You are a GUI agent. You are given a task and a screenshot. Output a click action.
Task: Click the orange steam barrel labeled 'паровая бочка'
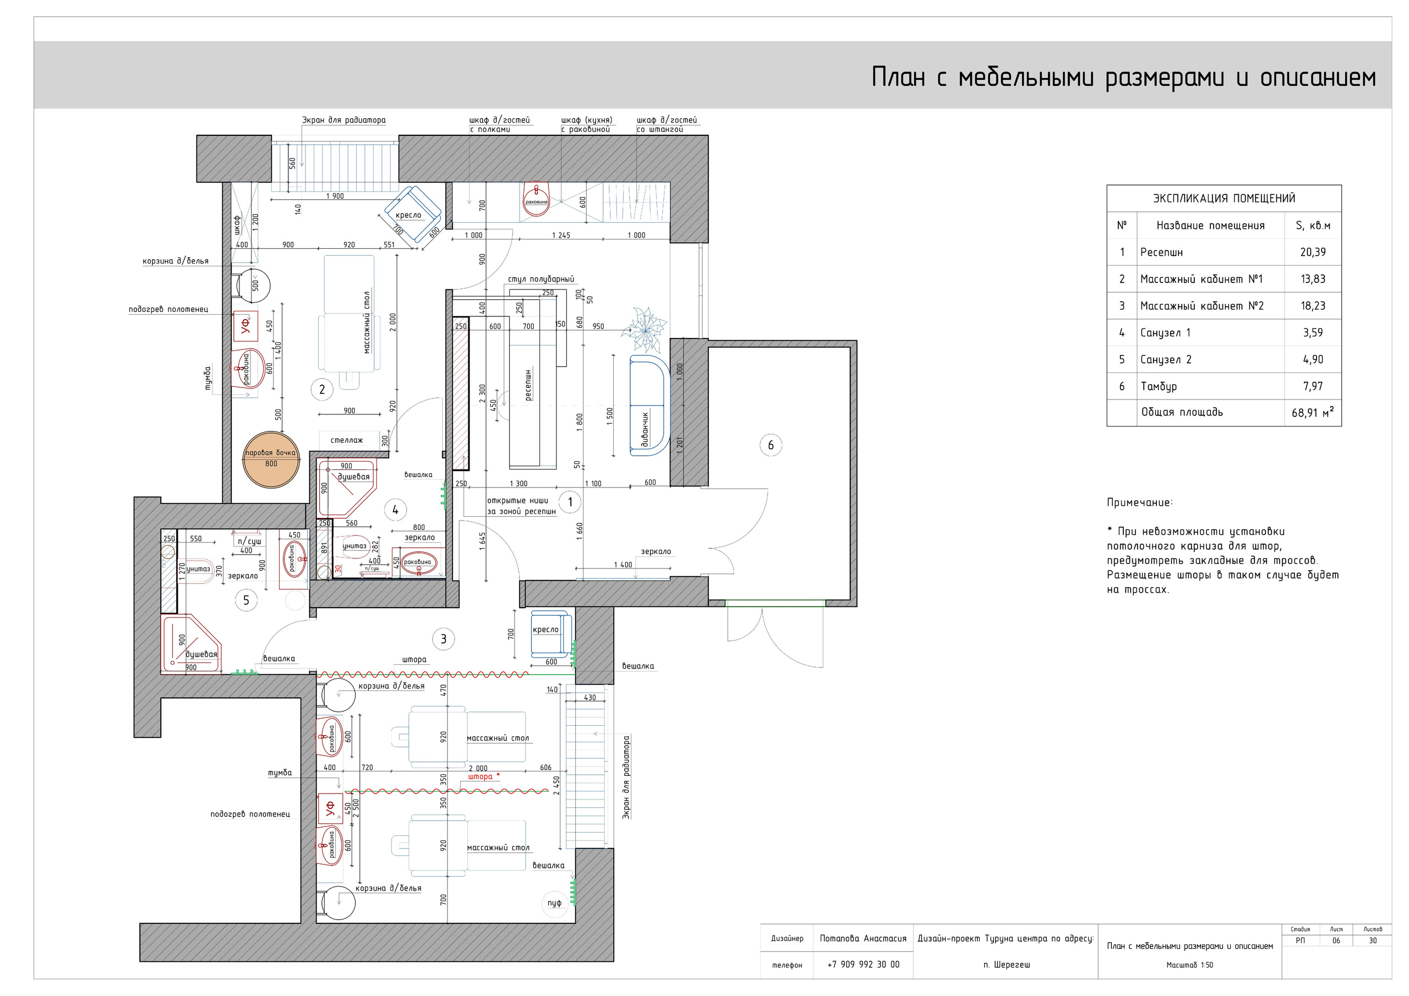click(x=271, y=459)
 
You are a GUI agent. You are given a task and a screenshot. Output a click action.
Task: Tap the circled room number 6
click(x=771, y=445)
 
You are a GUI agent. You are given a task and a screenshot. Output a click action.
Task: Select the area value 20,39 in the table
click(x=1313, y=252)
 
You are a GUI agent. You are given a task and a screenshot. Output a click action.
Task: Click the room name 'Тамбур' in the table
click(x=1159, y=386)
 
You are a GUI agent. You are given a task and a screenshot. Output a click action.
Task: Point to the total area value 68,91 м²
click(x=1312, y=412)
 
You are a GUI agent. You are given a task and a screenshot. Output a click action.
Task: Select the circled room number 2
click(x=321, y=389)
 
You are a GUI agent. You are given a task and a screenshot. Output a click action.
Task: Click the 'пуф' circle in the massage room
click(x=554, y=902)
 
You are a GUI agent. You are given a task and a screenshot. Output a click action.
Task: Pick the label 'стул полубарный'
click(x=540, y=279)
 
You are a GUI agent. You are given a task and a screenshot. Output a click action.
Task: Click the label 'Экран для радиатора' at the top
click(x=343, y=121)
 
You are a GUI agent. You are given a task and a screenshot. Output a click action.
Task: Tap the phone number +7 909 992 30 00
click(x=863, y=965)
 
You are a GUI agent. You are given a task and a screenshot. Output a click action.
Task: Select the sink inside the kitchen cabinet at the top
click(x=536, y=199)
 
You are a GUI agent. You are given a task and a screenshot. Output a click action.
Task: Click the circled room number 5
click(x=246, y=600)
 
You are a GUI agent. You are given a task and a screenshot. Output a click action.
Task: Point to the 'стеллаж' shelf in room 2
click(x=347, y=440)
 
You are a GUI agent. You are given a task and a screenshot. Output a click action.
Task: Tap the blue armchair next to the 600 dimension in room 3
click(x=549, y=633)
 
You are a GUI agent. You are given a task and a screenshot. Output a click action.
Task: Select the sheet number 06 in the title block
click(x=1336, y=941)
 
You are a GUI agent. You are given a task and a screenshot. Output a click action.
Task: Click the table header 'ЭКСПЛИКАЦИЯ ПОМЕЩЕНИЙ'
click(x=1224, y=198)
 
